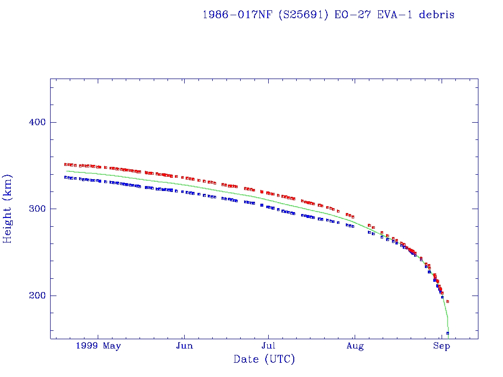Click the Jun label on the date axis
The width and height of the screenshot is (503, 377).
184,346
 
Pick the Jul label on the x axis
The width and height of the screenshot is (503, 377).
268,346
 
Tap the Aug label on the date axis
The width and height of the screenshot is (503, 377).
355,346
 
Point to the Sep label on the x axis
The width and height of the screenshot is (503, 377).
442,346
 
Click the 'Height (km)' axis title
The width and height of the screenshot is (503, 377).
8,209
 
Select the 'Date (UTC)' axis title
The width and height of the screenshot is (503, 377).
264,359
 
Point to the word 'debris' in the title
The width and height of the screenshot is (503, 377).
437,15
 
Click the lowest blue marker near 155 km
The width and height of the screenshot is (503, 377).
447,333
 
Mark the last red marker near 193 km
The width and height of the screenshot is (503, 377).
448,301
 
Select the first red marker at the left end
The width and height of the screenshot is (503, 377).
66,164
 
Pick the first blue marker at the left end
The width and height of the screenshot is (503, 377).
66,177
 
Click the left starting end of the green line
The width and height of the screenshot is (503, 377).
66,171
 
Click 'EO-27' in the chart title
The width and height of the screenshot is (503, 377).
350,15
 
